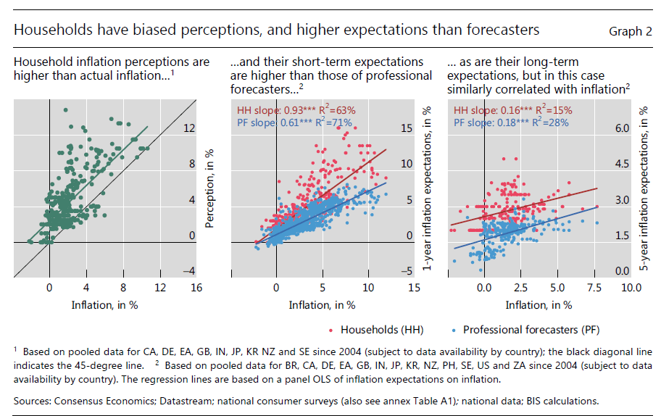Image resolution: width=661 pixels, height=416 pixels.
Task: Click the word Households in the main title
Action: click(x=47, y=30)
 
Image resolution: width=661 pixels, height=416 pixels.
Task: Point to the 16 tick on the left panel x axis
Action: click(x=196, y=288)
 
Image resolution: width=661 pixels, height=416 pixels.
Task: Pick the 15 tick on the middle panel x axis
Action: click(x=415, y=288)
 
